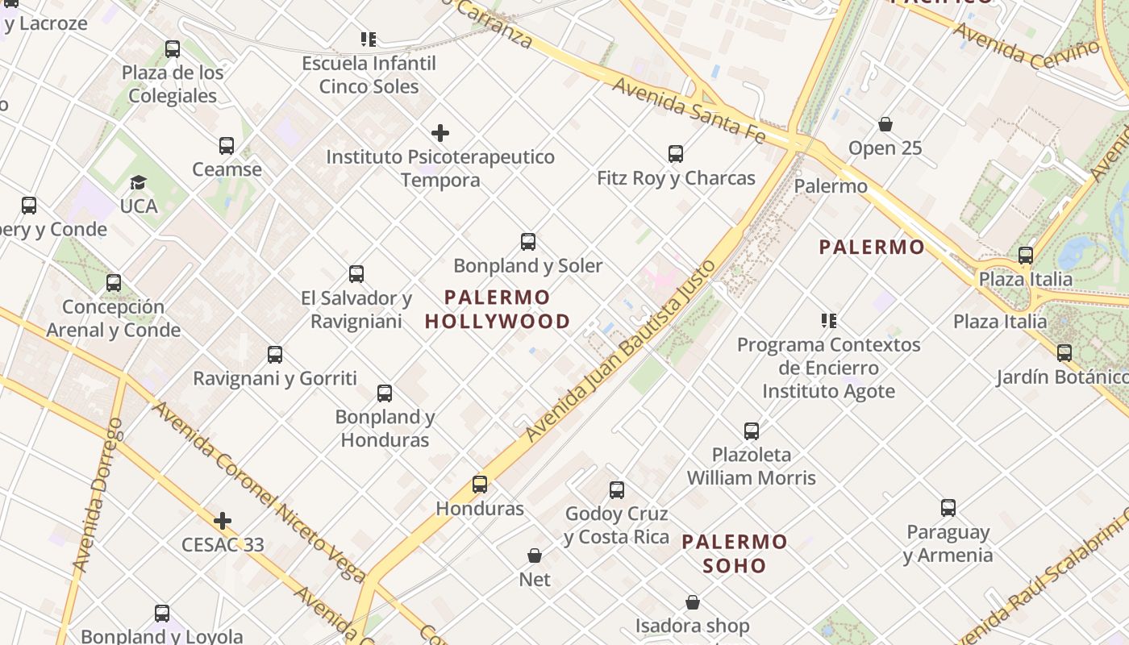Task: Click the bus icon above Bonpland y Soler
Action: (x=528, y=241)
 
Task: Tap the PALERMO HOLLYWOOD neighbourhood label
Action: (x=497, y=310)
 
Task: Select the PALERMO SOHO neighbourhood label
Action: (x=734, y=553)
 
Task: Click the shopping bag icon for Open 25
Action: (x=885, y=124)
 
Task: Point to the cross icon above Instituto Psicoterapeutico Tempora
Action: (x=440, y=133)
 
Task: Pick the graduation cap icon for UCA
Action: (x=139, y=183)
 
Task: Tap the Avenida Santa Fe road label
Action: (x=688, y=110)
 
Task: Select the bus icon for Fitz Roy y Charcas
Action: (x=676, y=153)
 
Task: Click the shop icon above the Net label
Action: (x=534, y=556)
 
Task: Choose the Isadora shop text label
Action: (x=692, y=626)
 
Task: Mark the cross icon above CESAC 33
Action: (x=223, y=521)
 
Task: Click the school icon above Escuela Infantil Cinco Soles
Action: (x=369, y=39)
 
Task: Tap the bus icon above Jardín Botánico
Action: (x=1064, y=352)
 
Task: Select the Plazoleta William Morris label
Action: (x=751, y=466)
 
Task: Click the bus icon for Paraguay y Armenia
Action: (x=948, y=508)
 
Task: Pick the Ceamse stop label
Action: (x=227, y=169)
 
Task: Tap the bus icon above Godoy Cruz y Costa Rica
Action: (x=617, y=489)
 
